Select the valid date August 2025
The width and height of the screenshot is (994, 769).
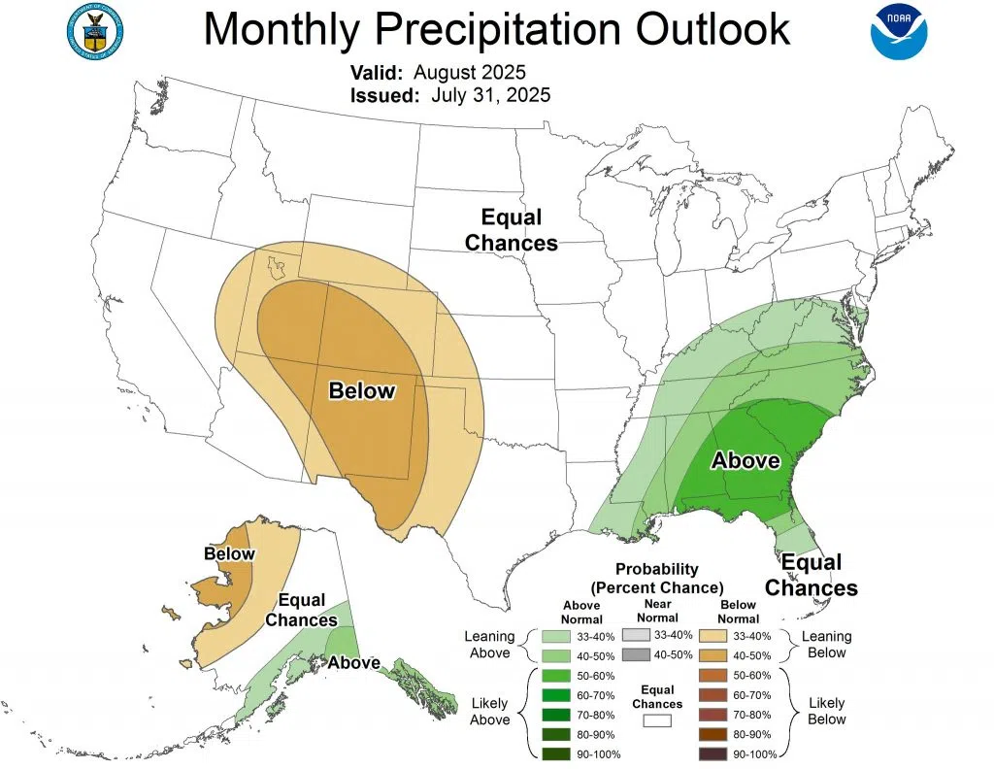pyautogui.click(x=469, y=73)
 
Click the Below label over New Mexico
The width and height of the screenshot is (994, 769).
pyautogui.click(x=362, y=391)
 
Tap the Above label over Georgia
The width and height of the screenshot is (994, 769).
pyautogui.click(x=745, y=460)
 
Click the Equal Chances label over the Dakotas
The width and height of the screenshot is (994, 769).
pyautogui.click(x=512, y=230)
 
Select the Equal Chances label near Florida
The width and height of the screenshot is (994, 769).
pyautogui.click(x=812, y=575)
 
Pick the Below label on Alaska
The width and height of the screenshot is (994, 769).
pyautogui.click(x=229, y=554)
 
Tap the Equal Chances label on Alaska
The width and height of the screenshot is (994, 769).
pyautogui.click(x=301, y=610)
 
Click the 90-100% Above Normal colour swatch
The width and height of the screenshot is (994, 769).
pyautogui.click(x=557, y=753)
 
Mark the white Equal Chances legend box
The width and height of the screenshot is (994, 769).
pyautogui.click(x=657, y=721)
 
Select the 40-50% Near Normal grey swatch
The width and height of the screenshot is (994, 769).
pyautogui.click(x=637, y=654)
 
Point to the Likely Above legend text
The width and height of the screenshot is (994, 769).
pyautogui.click(x=489, y=711)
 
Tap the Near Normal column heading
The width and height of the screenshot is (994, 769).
pyautogui.click(x=657, y=612)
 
